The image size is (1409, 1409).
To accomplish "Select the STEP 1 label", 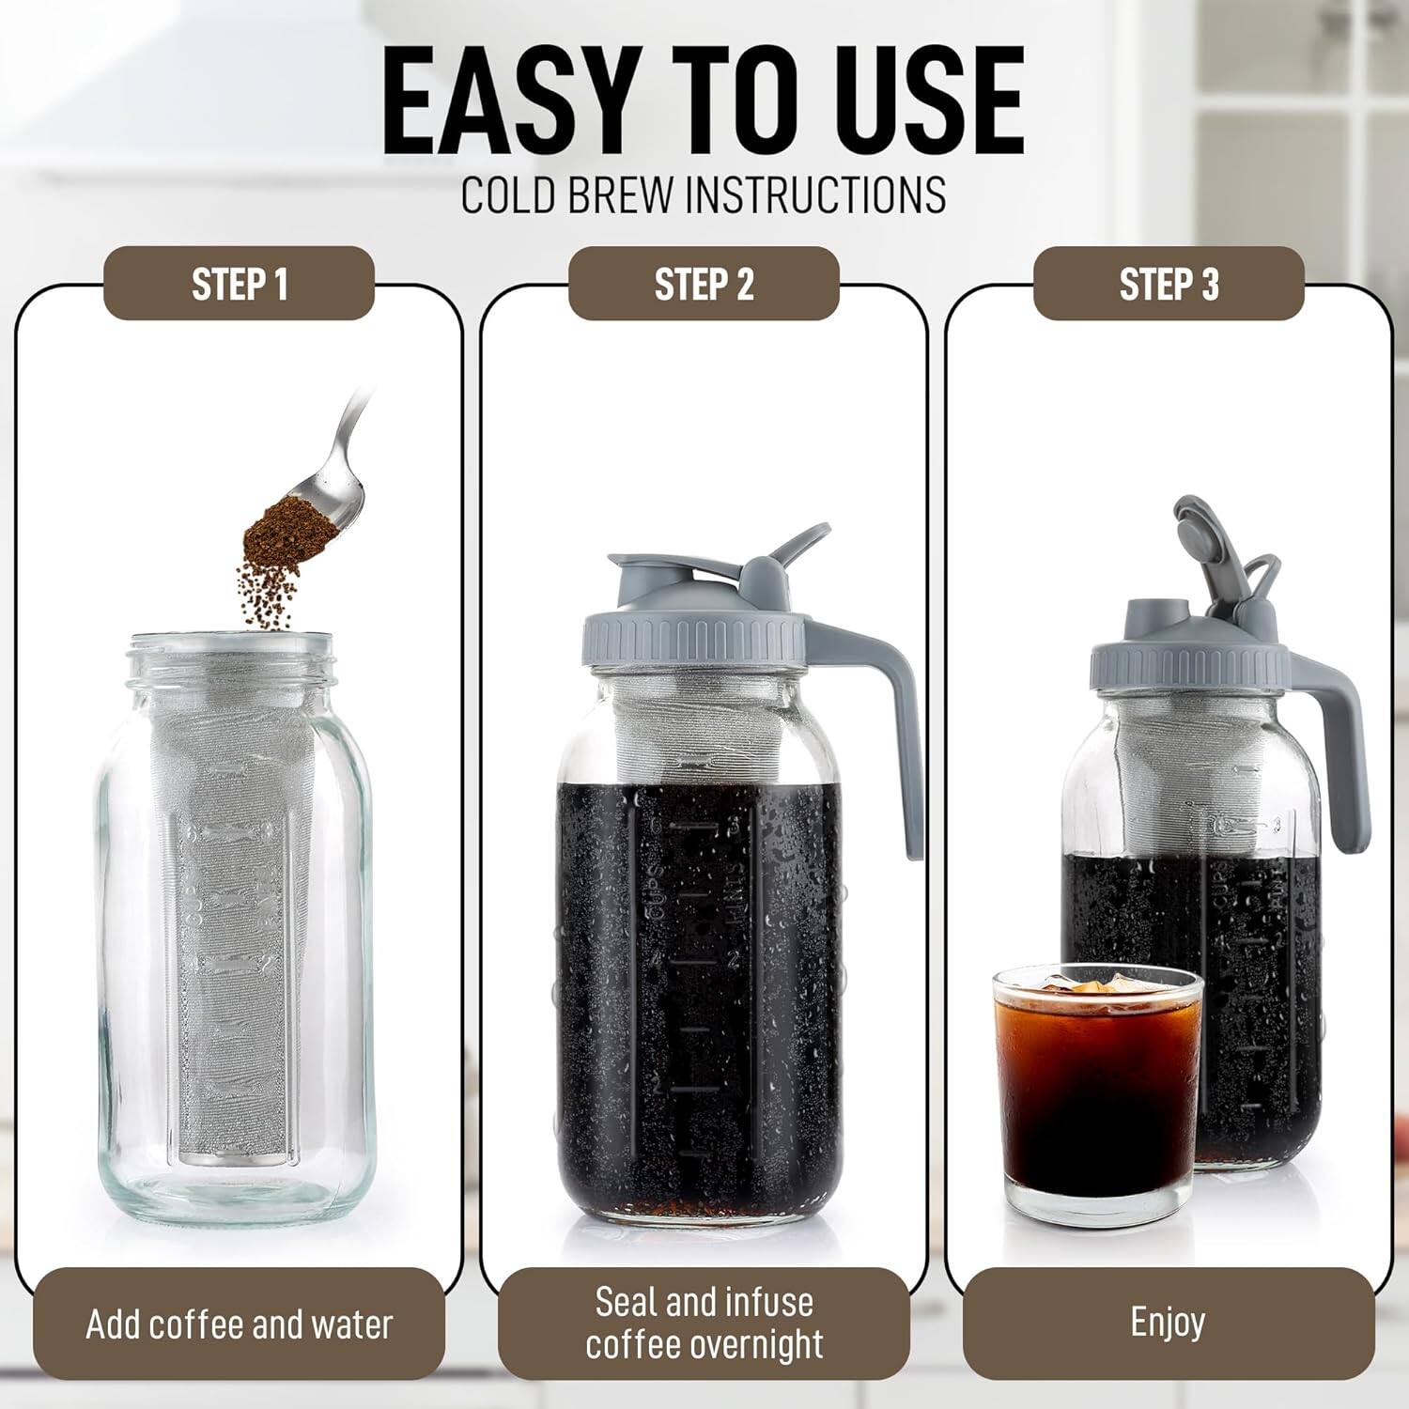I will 239,284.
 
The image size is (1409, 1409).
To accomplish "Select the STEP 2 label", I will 704,284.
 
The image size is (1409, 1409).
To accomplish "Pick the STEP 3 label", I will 1169,284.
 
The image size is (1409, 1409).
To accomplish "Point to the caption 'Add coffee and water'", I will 239,1324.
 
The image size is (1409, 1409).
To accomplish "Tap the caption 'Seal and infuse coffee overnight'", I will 704,1323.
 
